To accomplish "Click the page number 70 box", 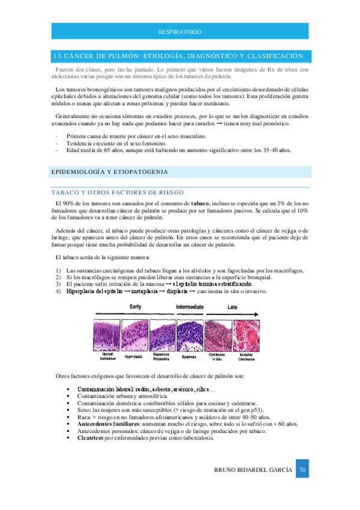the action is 303,469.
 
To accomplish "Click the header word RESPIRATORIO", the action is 180,31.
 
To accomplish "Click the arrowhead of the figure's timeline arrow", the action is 260,313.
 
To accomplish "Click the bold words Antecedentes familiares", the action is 111,425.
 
